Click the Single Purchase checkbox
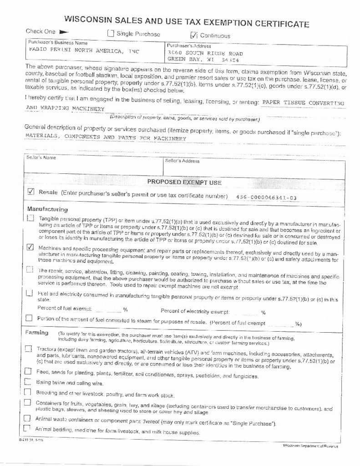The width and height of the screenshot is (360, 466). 110,33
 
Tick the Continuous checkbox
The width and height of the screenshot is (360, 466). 193,35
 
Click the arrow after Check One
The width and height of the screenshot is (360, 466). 63,31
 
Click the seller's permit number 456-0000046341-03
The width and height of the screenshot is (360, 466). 267,197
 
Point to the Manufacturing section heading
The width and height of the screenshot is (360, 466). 47,209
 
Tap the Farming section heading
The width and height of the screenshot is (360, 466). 36,333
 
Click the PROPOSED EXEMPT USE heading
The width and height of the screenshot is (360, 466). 184,182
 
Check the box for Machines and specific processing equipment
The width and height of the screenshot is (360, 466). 30,248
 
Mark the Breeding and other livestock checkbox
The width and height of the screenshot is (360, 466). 27,392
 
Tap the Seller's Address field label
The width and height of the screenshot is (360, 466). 182,161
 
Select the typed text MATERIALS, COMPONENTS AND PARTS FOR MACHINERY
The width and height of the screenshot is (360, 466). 106,137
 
